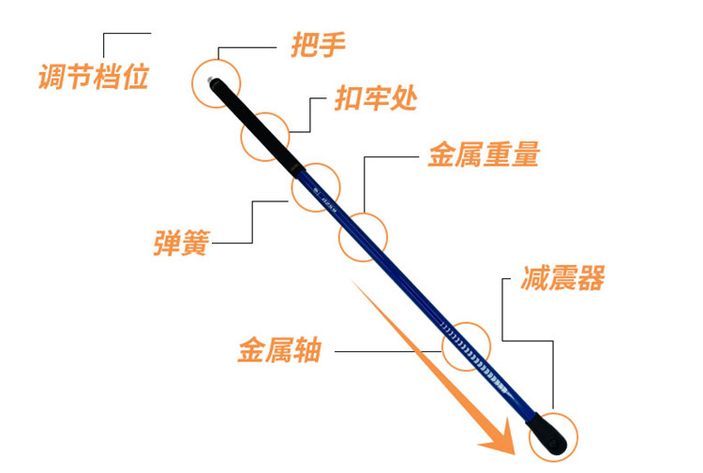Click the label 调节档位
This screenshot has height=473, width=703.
tap(93, 75)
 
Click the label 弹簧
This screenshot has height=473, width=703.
tap(180, 242)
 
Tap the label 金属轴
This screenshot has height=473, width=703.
tap(279, 351)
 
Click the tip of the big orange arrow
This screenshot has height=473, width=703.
tap(513, 451)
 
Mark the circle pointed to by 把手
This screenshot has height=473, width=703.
tap(217, 81)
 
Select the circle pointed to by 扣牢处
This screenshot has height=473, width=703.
tap(265, 136)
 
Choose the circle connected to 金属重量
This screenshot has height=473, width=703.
tap(363, 236)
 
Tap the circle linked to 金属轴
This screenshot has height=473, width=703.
tap(466, 347)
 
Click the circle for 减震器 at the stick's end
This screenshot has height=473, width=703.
tap(554, 434)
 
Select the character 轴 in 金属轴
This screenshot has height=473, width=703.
tap(307, 351)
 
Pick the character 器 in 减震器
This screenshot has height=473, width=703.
tap(591, 278)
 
